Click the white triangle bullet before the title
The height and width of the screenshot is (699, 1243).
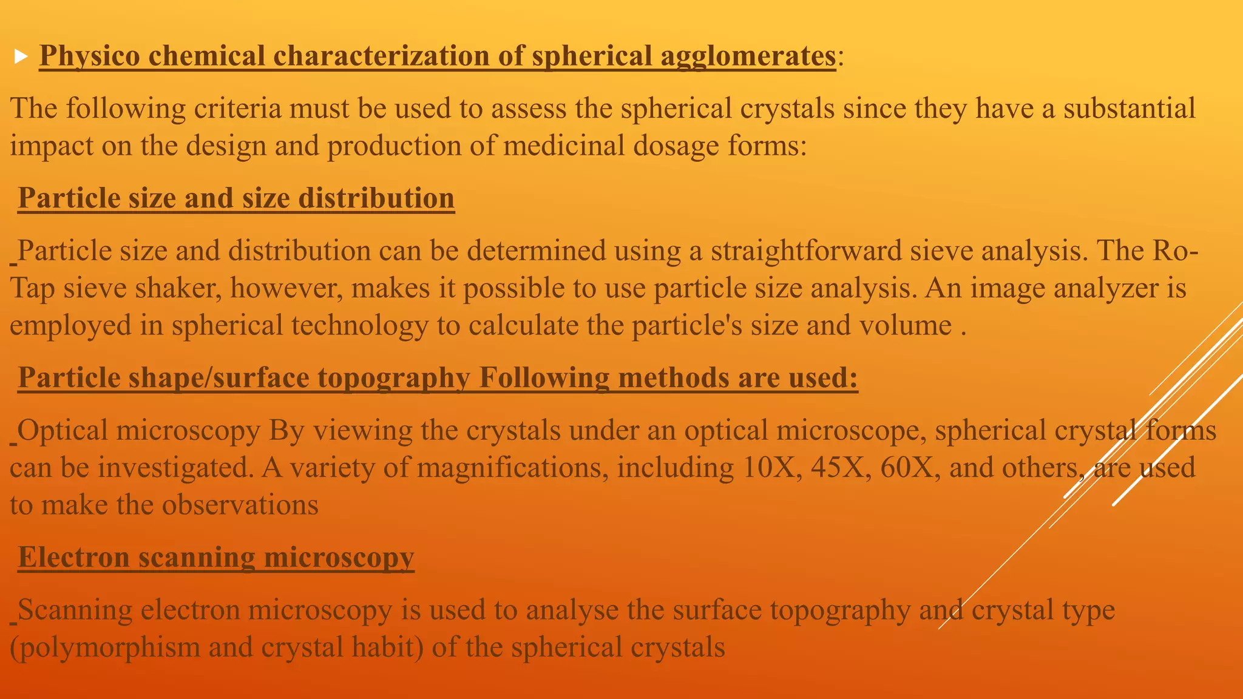point(21,57)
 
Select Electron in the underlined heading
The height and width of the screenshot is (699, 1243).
point(73,558)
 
